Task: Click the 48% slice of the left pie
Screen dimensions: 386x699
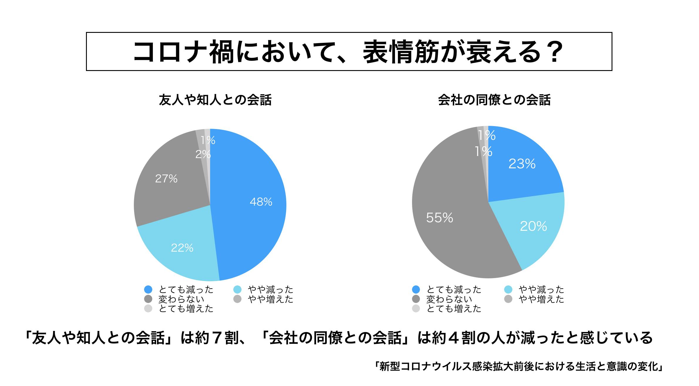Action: pyautogui.click(x=252, y=202)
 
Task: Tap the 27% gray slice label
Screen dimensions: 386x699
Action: pyautogui.click(x=166, y=179)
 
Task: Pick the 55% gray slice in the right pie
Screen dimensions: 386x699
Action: pyautogui.click(x=439, y=218)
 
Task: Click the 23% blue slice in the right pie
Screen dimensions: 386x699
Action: pyautogui.click(x=522, y=164)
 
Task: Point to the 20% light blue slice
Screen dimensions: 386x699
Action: pyautogui.click(x=533, y=226)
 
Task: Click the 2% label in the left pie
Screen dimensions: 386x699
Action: pyautogui.click(x=203, y=154)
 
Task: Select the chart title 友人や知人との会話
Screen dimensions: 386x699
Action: pyautogui.click(x=215, y=100)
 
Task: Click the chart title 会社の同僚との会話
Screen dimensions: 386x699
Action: pyautogui.click(x=494, y=100)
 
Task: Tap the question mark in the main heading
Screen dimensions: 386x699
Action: pyautogui.click(x=554, y=52)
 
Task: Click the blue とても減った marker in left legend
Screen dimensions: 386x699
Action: pyautogui.click(x=148, y=290)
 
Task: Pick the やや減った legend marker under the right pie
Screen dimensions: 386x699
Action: pyautogui.click(x=508, y=290)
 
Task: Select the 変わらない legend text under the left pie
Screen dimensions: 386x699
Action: pyautogui.click(x=181, y=299)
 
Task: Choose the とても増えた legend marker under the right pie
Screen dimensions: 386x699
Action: pyautogui.click(x=416, y=309)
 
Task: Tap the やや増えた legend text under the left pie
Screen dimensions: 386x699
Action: pyautogui.click(x=270, y=299)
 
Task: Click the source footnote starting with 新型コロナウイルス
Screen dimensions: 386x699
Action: pyautogui.click(x=519, y=367)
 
